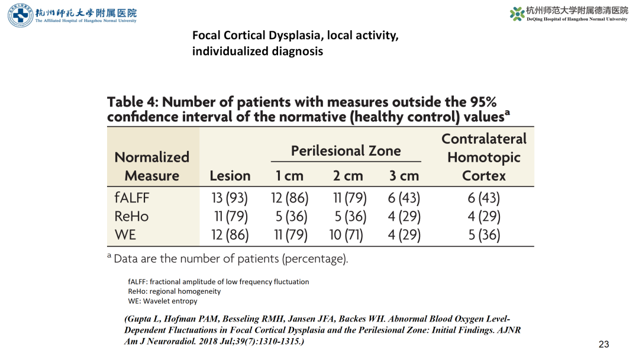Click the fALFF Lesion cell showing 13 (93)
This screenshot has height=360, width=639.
[x=230, y=198]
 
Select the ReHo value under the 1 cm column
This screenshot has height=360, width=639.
[x=291, y=217]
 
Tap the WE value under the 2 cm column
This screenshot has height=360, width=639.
[x=346, y=235]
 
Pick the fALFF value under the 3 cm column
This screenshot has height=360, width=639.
[x=404, y=198]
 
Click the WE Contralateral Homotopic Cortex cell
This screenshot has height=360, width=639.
[x=484, y=235]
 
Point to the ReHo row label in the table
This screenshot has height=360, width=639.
[x=131, y=217]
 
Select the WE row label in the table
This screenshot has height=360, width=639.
[x=125, y=235]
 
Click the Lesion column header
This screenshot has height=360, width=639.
[x=230, y=176]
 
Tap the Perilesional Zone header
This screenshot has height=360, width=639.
[x=346, y=151]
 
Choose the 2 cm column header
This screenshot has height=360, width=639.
[x=348, y=176]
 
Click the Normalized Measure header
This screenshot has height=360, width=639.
[x=152, y=166]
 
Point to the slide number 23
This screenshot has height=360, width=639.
[x=603, y=345]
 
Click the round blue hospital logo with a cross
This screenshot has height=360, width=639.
[x=20, y=15]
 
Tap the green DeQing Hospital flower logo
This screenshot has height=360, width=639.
[x=517, y=14]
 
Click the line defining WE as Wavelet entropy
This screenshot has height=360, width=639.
[x=163, y=301]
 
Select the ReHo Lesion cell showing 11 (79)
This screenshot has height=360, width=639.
[x=231, y=217]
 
